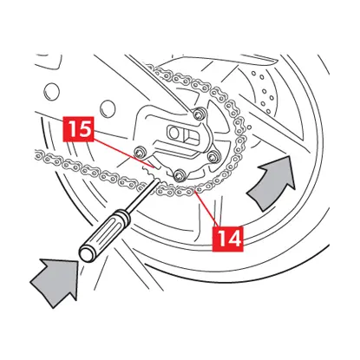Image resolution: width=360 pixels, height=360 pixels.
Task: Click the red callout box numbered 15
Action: [79, 129]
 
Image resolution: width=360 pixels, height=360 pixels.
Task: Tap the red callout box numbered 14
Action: [228, 239]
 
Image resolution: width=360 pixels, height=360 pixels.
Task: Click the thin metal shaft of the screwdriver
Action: [144, 194]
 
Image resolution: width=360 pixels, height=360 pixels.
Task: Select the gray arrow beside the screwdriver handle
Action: [56, 280]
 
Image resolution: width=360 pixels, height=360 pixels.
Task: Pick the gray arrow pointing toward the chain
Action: [271, 182]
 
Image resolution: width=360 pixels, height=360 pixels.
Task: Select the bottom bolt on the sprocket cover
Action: [178, 175]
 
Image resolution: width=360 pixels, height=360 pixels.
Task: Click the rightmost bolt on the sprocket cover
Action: [213, 155]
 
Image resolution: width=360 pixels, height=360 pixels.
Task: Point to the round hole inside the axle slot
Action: [173, 133]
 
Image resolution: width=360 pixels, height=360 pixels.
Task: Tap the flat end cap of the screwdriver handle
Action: [87, 253]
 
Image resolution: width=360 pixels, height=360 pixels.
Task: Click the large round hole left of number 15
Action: [52, 90]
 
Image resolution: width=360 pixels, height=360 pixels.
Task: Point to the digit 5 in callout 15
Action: [85, 129]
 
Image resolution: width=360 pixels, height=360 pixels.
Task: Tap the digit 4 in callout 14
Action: [233, 239]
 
